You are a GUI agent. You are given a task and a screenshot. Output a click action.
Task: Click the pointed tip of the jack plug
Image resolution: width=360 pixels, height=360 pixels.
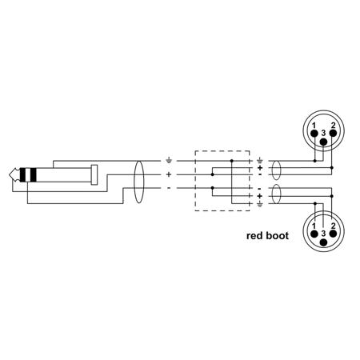pyautogui.click(x=10, y=174)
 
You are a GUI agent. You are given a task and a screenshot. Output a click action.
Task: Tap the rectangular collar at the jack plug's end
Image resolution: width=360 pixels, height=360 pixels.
pyautogui.click(x=94, y=174)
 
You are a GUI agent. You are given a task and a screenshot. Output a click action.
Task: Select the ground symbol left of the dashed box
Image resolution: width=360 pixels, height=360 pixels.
pyautogui.click(x=169, y=161)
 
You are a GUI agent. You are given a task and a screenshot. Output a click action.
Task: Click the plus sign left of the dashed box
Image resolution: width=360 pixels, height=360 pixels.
pyautogui.click(x=169, y=174)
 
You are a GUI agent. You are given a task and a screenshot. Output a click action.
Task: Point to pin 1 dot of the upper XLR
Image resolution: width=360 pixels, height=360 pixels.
pyautogui.click(x=314, y=133)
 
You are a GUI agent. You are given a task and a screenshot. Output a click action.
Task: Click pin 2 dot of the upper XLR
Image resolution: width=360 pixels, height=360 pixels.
pyautogui.click(x=333, y=133)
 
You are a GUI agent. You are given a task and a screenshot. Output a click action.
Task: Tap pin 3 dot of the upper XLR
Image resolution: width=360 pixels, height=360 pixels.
pyautogui.click(x=323, y=142)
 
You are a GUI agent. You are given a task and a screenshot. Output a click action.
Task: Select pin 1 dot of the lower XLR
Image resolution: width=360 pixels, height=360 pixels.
pyautogui.click(x=314, y=234)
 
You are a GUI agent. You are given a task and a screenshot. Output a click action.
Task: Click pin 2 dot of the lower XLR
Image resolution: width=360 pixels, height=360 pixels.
pyautogui.click(x=333, y=234)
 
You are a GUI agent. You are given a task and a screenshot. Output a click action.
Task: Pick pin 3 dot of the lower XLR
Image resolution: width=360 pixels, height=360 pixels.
pyautogui.click(x=323, y=242)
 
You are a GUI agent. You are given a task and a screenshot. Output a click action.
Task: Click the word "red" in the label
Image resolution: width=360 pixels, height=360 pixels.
pyautogui.click(x=254, y=236)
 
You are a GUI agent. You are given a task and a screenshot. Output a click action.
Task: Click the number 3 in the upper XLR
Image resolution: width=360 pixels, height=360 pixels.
pyautogui.click(x=323, y=133)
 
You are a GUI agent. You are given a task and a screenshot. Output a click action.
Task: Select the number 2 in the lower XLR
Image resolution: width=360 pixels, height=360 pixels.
pyautogui.click(x=333, y=226)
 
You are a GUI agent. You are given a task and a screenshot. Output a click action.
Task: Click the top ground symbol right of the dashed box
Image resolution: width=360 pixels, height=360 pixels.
pyautogui.click(x=260, y=161)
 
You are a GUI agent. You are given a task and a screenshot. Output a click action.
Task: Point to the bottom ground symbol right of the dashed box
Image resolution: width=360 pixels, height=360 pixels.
pyautogui.click(x=260, y=205)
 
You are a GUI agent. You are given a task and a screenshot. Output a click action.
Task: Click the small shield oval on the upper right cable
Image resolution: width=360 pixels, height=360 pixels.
pyautogui.click(x=276, y=170)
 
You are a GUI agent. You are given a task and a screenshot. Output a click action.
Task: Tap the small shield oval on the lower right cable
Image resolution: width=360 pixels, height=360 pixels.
pyautogui.click(x=277, y=194)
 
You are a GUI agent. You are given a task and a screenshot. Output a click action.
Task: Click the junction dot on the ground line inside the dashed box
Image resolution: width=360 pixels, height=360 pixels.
pyautogui.click(x=231, y=161)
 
